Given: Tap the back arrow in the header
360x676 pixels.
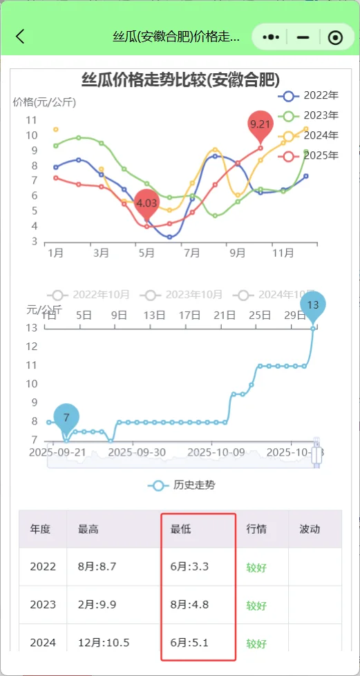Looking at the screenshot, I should tap(20, 37).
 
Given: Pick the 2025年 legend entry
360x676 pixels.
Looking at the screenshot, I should tap(311, 155).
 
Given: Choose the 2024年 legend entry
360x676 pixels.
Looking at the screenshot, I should tap(311, 135).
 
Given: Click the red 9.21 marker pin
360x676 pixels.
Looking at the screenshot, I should tap(260, 124).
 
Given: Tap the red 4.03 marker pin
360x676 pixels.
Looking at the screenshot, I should tap(146, 203).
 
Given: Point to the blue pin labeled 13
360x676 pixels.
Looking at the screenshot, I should tap(312, 305).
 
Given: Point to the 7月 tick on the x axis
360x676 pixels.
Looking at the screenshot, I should tap(191, 253).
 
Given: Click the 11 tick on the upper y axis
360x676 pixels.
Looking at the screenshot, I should tap(31, 120).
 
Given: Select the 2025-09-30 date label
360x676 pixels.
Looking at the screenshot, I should tap(137, 452).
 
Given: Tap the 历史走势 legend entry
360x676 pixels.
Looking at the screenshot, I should tap(181, 485).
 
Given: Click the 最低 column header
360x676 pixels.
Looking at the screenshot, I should tap(181, 529).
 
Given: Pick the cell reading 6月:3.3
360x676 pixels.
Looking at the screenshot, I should tap(189, 567).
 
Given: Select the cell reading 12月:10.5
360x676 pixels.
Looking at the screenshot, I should tap(104, 644).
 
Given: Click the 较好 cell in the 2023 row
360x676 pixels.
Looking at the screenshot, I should tap(256, 606).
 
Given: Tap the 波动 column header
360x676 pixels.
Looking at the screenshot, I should tap(310, 529).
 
